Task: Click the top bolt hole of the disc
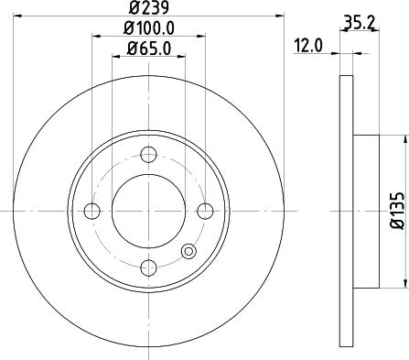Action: tap(148, 156)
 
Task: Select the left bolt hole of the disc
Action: tap(91, 212)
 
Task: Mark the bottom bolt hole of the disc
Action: tap(148, 267)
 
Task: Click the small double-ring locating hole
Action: tap(188, 251)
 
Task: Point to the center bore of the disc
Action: tap(148, 212)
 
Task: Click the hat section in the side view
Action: tap(365, 212)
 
